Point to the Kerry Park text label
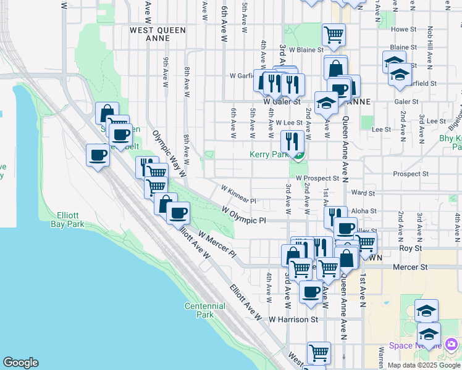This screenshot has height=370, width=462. (270, 154)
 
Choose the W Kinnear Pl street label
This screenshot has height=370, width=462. (238, 194)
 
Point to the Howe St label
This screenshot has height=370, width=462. (404, 29)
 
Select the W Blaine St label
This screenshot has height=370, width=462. (303, 49)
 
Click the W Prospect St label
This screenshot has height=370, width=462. (317, 178)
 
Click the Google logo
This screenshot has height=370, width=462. (20, 363)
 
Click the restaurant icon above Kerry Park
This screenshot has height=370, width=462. (290, 141)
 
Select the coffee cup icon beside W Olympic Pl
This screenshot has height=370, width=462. (178, 213)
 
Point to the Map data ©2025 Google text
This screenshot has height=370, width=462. (423, 365)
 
